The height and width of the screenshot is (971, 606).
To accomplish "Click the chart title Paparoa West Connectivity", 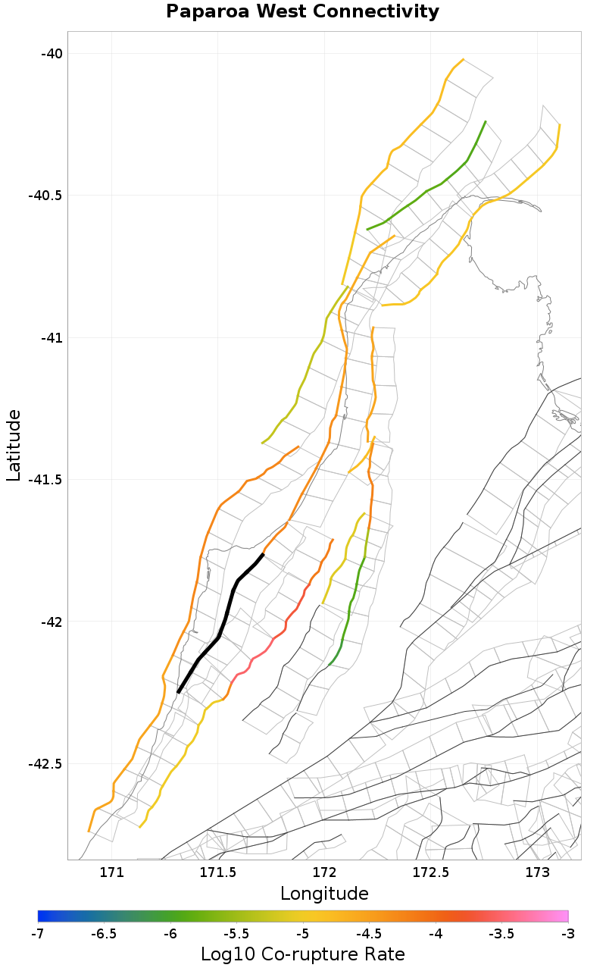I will point(302,12).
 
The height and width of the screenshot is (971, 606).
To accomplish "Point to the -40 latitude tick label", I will point(52,53).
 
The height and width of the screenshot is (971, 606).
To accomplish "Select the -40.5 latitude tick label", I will point(46,195).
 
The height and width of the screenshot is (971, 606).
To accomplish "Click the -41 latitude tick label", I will point(52,337).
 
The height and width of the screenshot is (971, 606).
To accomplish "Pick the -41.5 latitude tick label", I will point(46,479).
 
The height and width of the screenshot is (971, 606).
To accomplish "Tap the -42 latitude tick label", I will point(52,622).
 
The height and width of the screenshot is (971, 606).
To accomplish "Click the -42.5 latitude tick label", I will point(46,763).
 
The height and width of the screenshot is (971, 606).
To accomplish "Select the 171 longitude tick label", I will point(112,872).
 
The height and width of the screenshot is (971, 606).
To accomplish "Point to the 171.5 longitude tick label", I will point(218,872).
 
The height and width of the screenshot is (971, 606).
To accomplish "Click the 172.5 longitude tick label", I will point(431,872).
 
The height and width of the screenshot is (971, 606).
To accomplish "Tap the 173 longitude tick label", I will point(537,872).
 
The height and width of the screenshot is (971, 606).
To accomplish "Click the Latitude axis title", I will point(14,445).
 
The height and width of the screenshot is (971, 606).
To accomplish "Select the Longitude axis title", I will point(324,894).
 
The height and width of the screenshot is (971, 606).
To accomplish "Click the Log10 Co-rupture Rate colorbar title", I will point(302,954).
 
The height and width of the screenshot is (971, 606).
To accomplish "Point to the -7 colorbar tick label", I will point(38,933).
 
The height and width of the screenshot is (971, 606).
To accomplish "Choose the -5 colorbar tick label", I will point(303,933).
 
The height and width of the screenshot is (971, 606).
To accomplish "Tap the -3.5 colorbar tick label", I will point(501,933).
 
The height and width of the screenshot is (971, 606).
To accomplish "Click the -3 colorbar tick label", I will point(567,933).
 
